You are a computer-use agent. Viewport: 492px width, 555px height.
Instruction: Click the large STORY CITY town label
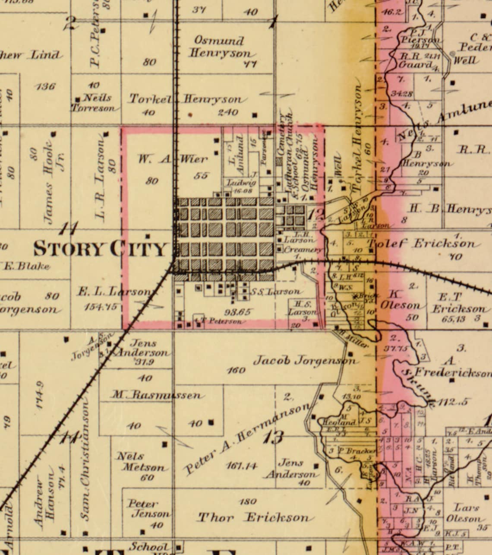[x=100, y=249]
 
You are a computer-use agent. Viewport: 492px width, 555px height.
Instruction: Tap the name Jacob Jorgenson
[x=305, y=360]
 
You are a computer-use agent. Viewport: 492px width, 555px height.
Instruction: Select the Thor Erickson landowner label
[x=253, y=517]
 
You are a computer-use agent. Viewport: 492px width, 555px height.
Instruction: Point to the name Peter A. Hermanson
[x=248, y=438]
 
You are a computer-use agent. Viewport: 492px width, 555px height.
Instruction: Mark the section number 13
[x=273, y=437]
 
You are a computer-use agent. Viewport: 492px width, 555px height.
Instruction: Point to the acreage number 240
[x=228, y=112]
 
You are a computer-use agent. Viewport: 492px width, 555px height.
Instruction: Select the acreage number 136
[x=46, y=86]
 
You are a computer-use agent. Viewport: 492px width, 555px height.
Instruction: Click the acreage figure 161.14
[x=242, y=466]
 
